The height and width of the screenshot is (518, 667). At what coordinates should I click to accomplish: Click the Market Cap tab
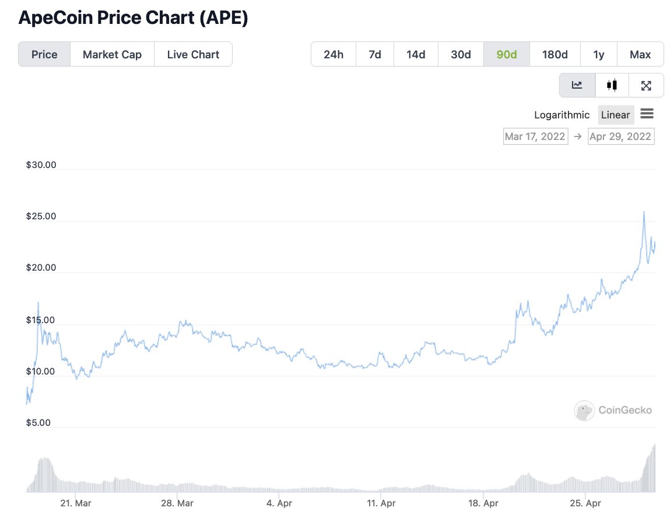tap(112, 54)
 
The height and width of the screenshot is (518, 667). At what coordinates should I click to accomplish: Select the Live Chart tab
tap(193, 54)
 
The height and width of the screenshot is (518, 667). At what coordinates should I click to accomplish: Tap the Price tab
tap(44, 54)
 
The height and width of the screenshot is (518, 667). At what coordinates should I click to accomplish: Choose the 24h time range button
tap(333, 54)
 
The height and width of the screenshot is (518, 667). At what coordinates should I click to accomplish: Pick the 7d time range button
tap(375, 54)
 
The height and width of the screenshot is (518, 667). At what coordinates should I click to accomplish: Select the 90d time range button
tap(507, 54)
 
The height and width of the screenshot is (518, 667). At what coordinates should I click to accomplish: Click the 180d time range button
tap(554, 54)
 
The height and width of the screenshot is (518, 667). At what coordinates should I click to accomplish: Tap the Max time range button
tap(640, 54)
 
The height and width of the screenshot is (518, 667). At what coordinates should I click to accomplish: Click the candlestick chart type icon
tap(612, 85)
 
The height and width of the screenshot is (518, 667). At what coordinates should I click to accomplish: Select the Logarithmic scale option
tap(561, 115)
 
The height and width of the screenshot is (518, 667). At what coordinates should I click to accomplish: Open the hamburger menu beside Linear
tap(647, 114)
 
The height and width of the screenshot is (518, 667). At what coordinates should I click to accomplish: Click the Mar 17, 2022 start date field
tap(535, 136)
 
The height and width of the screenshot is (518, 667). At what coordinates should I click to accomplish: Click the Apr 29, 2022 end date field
tap(620, 136)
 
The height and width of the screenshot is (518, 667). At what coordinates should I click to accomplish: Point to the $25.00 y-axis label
tap(41, 216)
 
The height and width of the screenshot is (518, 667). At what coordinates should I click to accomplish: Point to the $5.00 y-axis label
tap(38, 423)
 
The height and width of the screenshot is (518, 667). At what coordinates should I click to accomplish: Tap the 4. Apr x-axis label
tap(279, 503)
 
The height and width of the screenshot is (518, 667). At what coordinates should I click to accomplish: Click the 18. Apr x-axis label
tap(483, 503)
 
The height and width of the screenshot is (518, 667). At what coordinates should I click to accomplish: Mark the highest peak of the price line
tap(644, 211)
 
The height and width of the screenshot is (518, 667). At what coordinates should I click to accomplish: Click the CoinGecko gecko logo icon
tap(584, 411)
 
